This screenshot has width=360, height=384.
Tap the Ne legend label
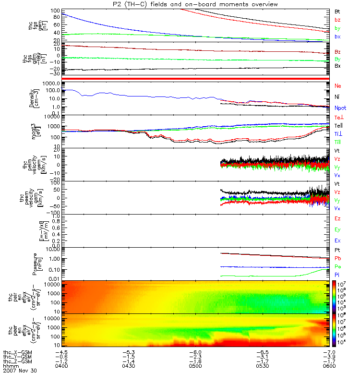pyautogui.click(x=338, y=85)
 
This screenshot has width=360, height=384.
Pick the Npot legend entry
pyautogui.click(x=340, y=108)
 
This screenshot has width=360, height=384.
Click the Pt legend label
pyautogui.click(x=337, y=250)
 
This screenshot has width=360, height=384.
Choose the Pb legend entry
pyautogui.click(x=337, y=259)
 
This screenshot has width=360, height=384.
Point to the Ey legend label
pyautogui.click(x=338, y=229)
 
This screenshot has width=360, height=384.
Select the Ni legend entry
pyautogui.click(x=337, y=97)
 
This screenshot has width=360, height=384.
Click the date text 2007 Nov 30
pyautogui.click(x=20, y=371)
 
